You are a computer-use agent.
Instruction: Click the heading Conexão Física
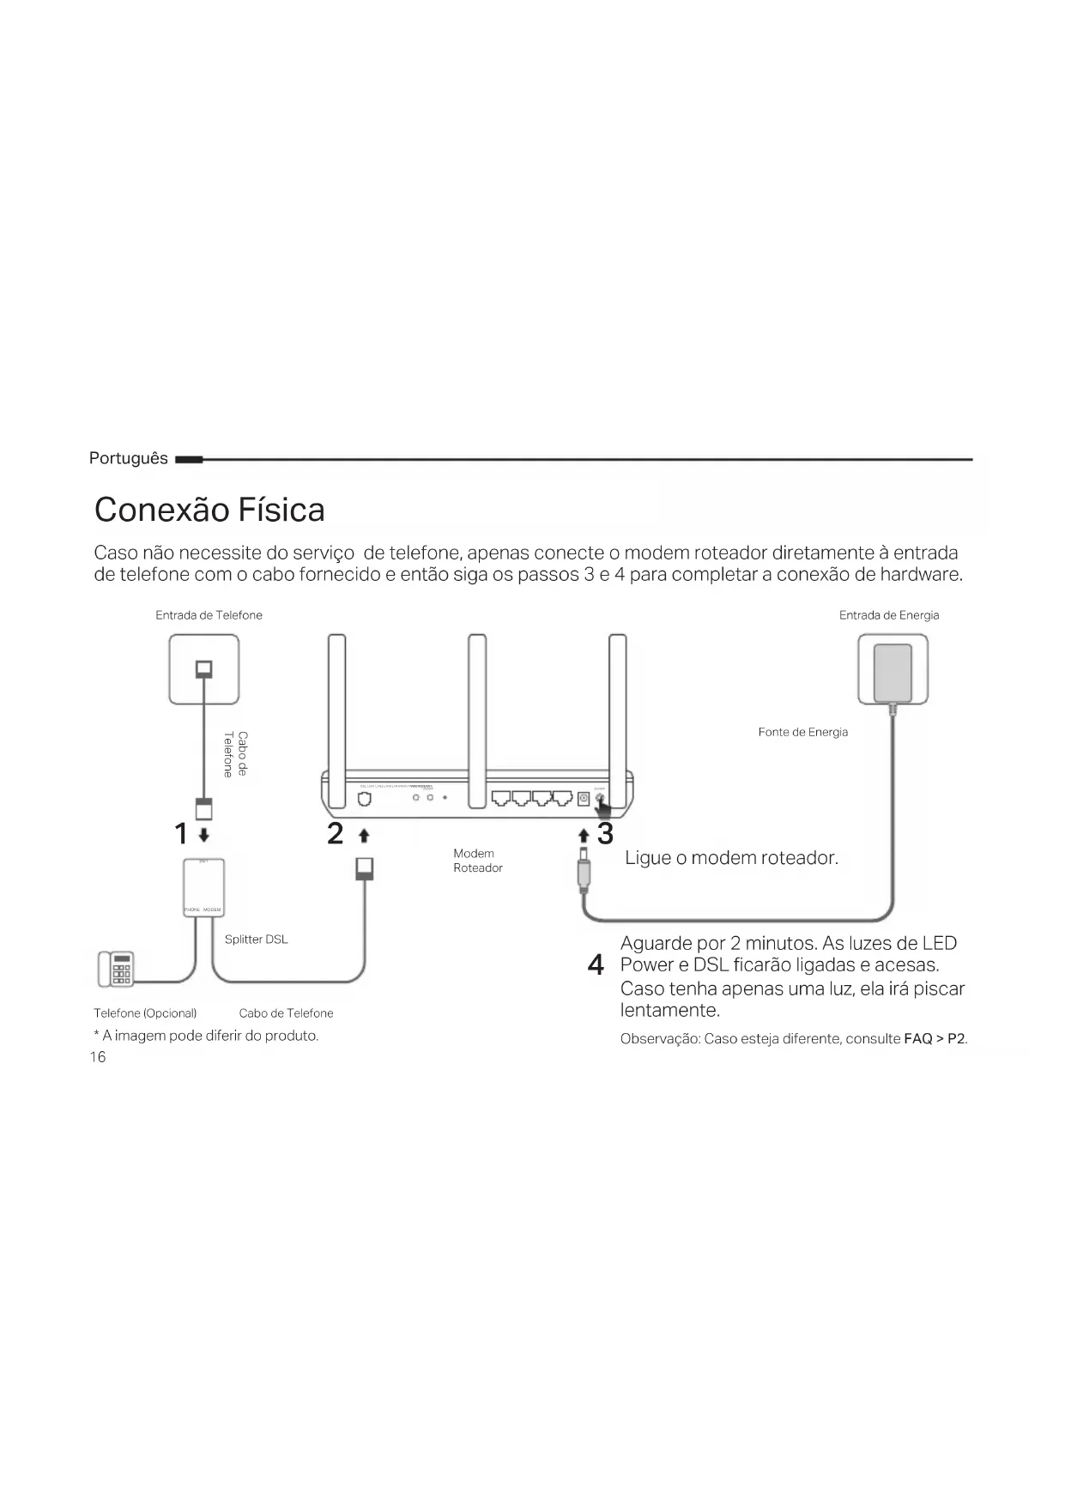pos(209,510)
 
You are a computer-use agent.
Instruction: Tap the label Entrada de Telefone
pos(209,615)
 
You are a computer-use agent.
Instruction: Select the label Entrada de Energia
pos(888,615)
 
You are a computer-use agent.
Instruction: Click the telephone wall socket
pos(204,668)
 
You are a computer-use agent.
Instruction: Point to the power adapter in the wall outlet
pos(893,673)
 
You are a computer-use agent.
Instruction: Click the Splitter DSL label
pos(256,940)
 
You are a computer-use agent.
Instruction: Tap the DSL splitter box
pos(203,886)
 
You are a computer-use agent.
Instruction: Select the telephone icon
pos(115,969)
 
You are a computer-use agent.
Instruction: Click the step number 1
pos(180,833)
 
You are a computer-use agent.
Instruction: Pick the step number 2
pos(336,833)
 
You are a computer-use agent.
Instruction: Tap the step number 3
pos(606,833)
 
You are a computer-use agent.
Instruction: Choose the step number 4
pos(596,965)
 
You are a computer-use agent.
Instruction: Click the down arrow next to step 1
pos(203,835)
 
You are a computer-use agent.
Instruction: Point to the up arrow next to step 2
pos(364,835)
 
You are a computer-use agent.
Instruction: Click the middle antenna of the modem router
pos(477,704)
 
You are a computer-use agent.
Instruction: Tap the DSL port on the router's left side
pos(365,799)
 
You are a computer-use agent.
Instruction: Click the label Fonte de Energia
pos(802,732)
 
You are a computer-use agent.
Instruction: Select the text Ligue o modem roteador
pos(731,858)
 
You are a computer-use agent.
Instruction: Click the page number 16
pos(98,1057)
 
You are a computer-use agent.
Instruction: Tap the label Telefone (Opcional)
pos(145,1013)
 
